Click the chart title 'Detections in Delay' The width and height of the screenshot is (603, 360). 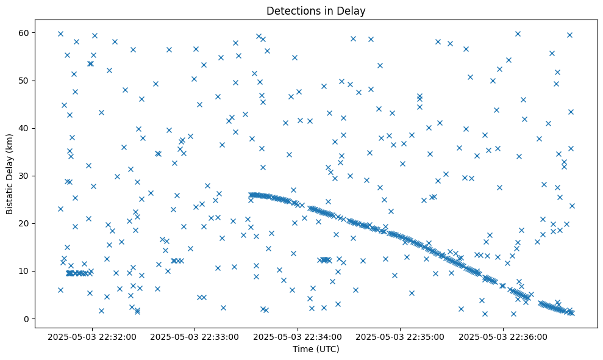(x=316, y=10)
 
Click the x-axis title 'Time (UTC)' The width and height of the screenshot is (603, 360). (x=316, y=349)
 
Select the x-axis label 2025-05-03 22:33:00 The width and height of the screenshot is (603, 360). (x=195, y=336)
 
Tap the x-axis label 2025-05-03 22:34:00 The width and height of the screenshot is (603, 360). (x=298, y=336)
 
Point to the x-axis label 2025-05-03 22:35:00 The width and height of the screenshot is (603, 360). (x=401, y=336)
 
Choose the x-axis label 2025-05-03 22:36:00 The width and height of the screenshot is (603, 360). (x=504, y=336)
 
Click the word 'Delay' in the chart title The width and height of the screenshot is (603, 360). (x=353, y=10)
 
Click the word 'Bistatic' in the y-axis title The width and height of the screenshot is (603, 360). (x=10, y=195)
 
